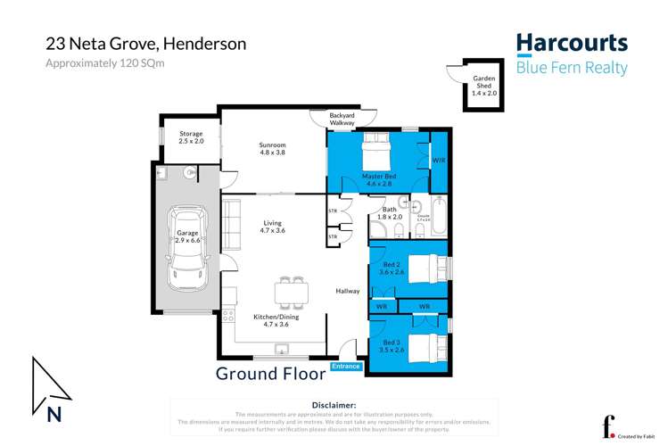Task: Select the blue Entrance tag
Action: pos(346,367)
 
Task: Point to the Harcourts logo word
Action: pos(572,44)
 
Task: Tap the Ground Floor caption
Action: pos(270,373)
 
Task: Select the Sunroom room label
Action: pos(272,148)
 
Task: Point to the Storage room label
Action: pos(191,137)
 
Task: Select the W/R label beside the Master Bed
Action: pos(438,161)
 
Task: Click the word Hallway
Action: pos(348,291)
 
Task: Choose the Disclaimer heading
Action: pos(334,405)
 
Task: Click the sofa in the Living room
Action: pos(232,219)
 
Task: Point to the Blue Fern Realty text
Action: pos(572,68)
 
